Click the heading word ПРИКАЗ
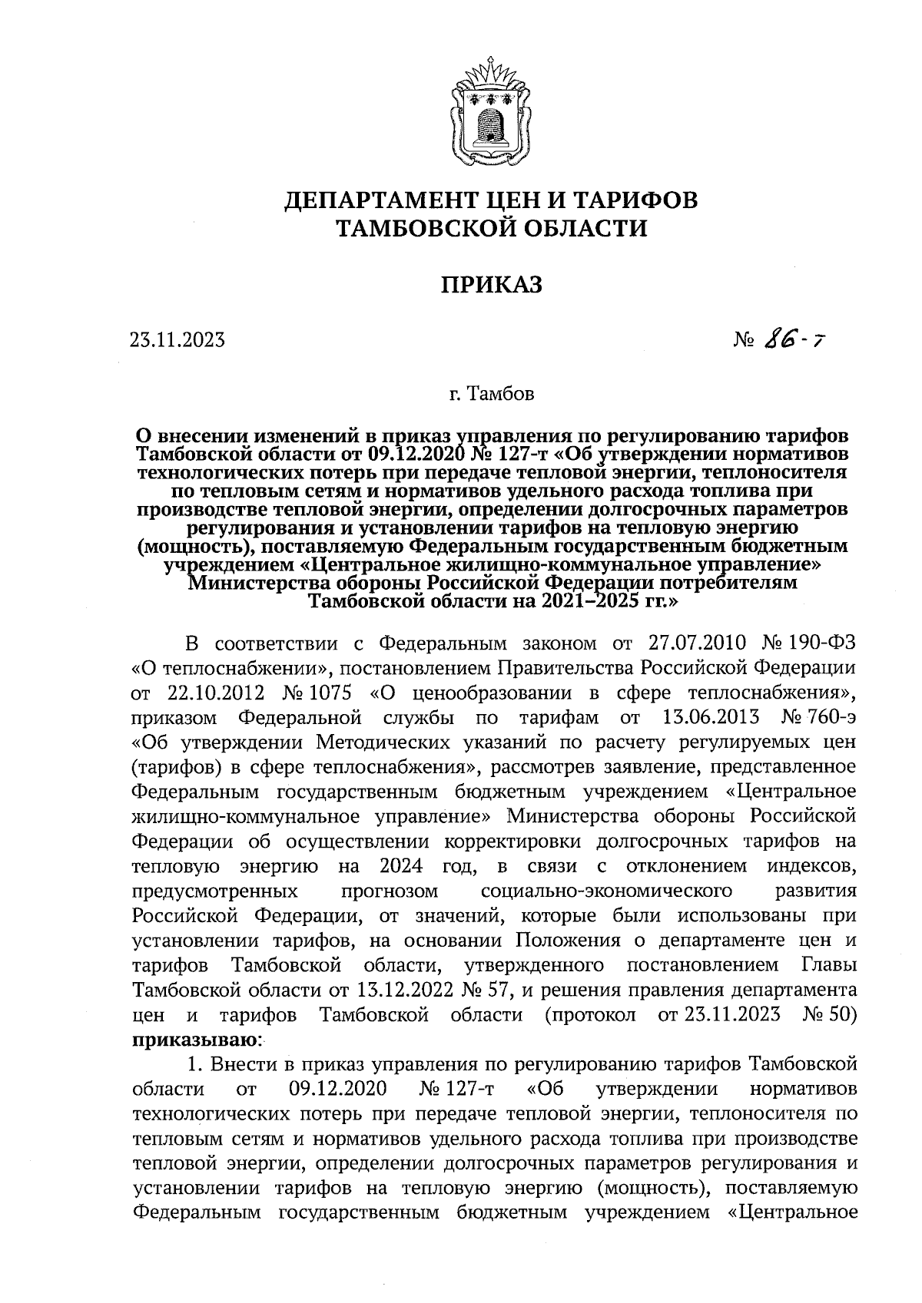tap(491, 284)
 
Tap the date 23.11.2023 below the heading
tap(177, 339)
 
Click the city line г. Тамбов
tap(491, 395)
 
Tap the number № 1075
tap(317, 693)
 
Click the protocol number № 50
tap(829, 1015)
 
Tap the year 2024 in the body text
tap(400, 866)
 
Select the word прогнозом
tap(390, 891)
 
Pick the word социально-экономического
tap(605, 891)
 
